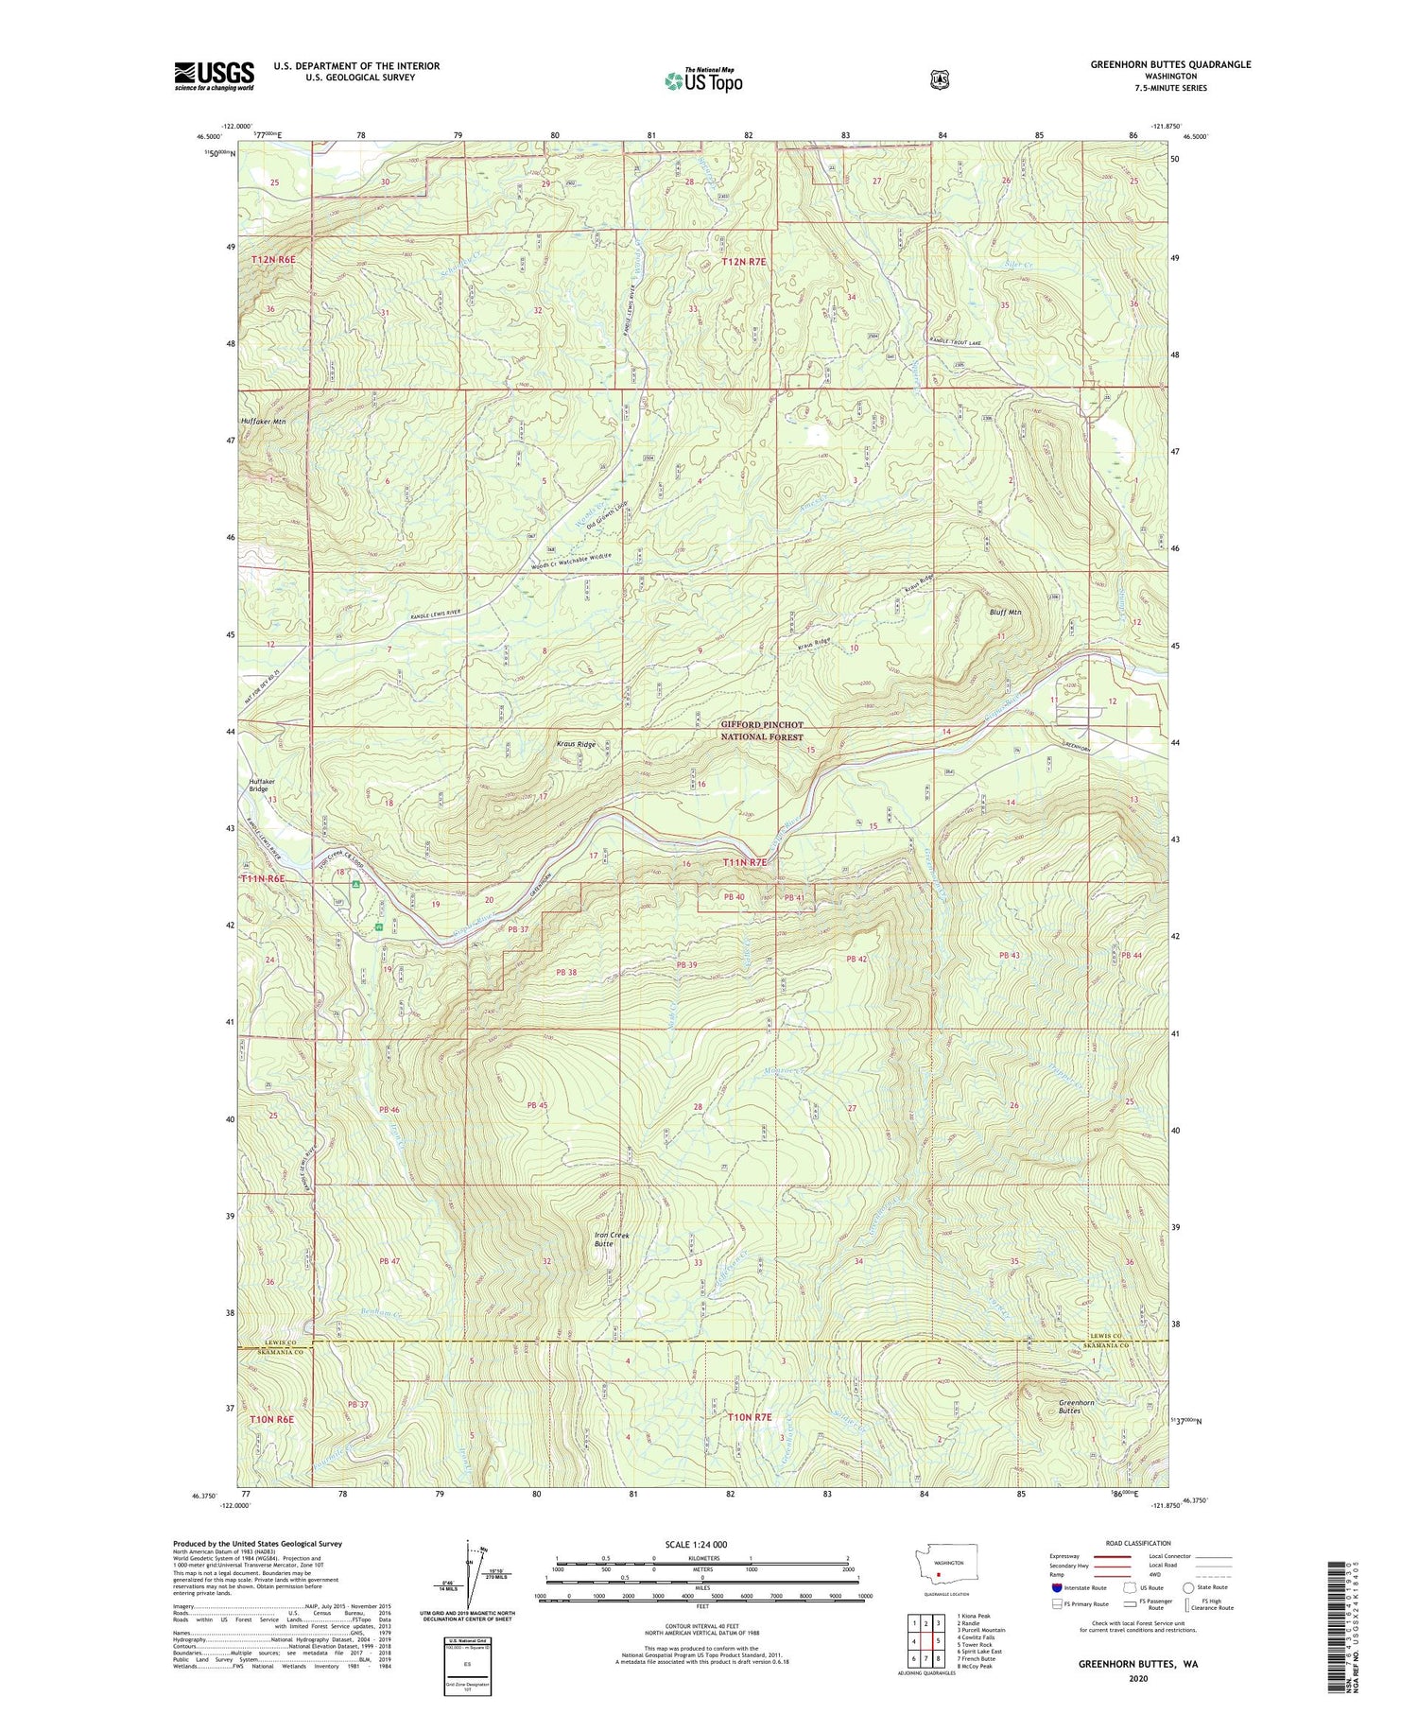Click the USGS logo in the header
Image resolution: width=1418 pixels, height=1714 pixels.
click(214, 76)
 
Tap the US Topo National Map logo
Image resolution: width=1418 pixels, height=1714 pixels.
click(703, 79)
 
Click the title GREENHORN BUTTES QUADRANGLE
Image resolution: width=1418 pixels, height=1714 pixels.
click(1170, 64)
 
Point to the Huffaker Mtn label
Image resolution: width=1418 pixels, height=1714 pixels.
click(263, 422)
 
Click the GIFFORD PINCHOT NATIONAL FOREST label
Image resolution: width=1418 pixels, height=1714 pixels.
click(762, 731)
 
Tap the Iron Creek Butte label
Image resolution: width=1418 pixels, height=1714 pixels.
click(612, 1239)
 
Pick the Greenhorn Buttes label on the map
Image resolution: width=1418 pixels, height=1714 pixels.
click(1076, 1407)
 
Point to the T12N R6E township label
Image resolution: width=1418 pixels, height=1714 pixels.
click(273, 259)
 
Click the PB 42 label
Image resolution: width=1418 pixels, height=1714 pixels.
click(856, 960)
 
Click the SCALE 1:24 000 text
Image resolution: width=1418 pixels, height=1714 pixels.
click(696, 1545)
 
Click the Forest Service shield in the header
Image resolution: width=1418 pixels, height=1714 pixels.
click(939, 79)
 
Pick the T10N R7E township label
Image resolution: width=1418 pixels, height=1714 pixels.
click(750, 1417)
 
